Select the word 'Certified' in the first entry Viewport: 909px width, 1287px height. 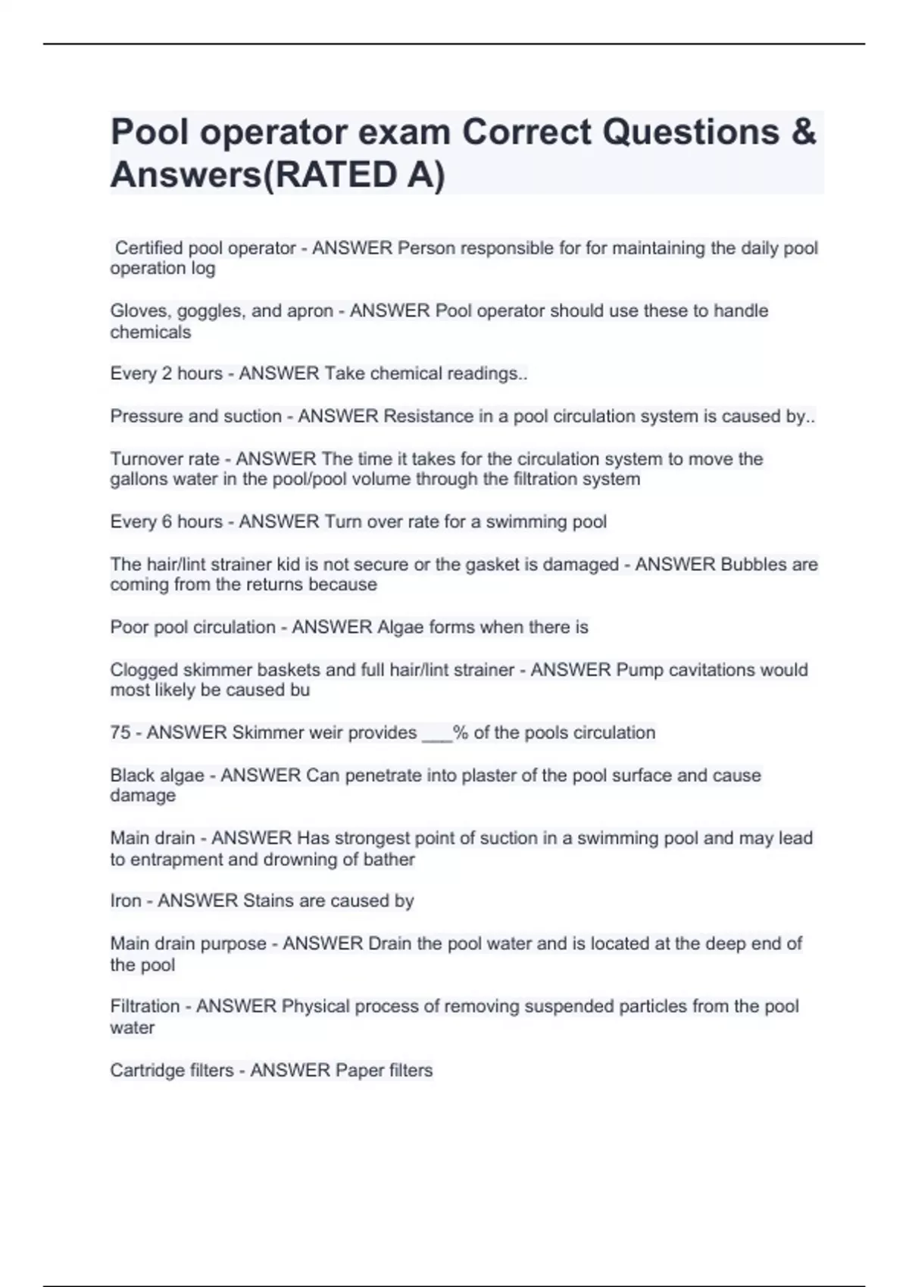pos(148,248)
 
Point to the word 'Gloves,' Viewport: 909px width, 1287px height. pos(140,311)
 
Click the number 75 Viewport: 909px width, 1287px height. pos(120,733)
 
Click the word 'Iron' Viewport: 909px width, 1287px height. pos(125,901)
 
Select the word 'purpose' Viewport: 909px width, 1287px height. pos(231,944)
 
